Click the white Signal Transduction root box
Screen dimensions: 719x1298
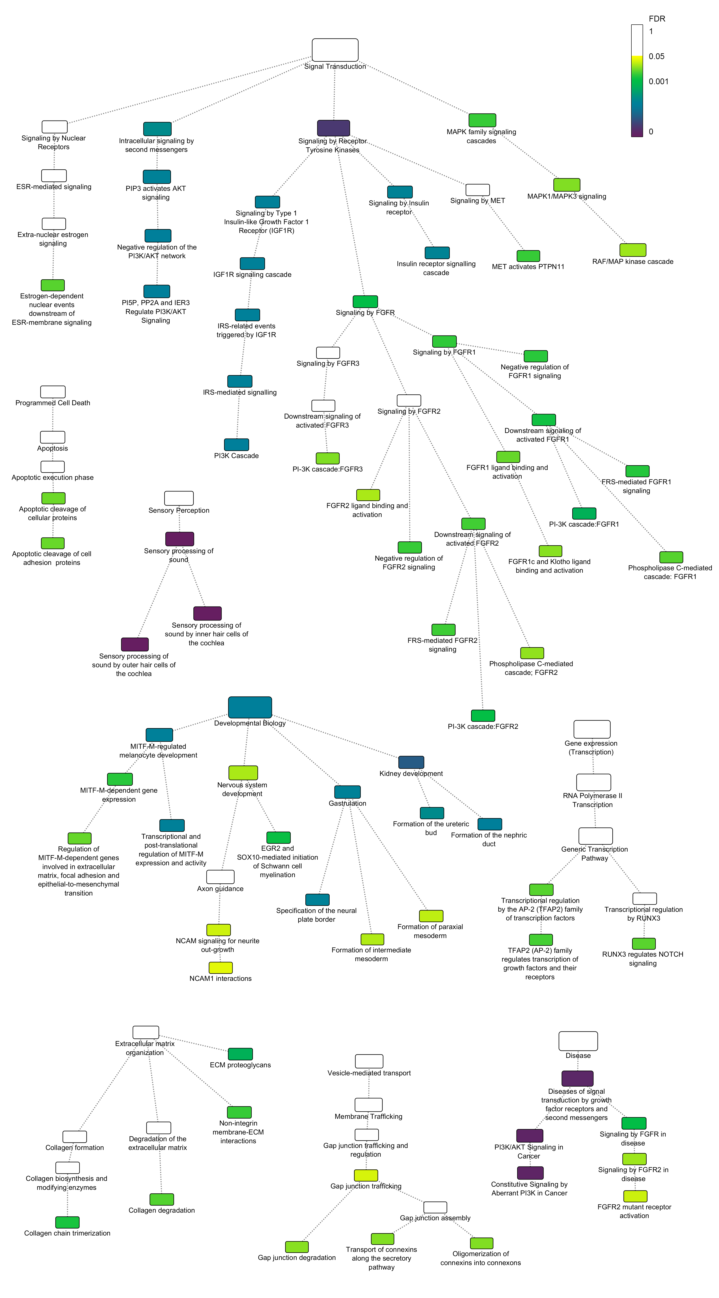335,50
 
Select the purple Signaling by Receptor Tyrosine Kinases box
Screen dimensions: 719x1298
333,128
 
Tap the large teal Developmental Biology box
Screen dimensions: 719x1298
250,707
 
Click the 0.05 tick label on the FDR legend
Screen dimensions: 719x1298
656,56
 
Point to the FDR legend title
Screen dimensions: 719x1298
657,19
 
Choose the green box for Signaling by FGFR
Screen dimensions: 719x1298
365,301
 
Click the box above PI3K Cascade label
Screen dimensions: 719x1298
236,444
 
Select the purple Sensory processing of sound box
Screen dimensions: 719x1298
179,539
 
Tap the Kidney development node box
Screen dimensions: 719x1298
411,762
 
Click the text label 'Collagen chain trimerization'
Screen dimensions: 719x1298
67,1233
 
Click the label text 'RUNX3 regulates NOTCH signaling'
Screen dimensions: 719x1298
643,958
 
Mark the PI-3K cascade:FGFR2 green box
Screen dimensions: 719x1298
483,715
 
